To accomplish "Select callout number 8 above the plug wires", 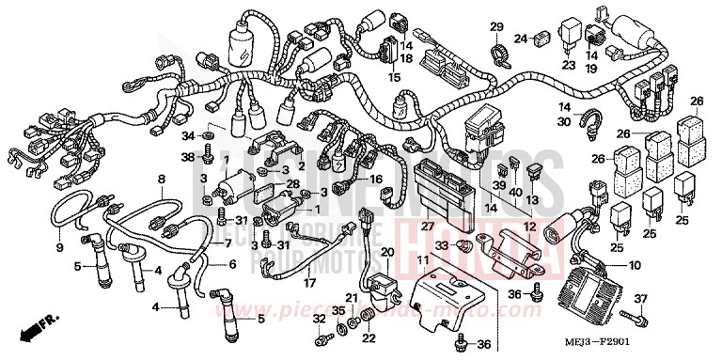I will coord(161,179).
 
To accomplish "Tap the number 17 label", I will coord(307,281).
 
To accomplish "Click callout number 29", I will coord(497,25).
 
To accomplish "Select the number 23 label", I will coord(568,65).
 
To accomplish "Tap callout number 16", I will coord(376,178).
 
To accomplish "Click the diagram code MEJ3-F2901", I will coord(664,346).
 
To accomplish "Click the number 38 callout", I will coord(187,156).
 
